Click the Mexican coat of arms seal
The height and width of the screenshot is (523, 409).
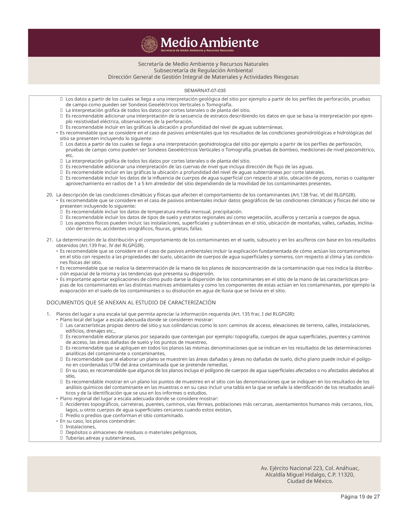click(150, 44)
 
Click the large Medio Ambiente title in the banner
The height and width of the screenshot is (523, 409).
click(209, 42)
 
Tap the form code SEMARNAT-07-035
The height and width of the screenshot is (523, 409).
click(205, 91)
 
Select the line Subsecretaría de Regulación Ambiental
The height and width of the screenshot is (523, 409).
click(203, 70)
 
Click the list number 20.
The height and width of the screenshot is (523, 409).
click(49, 195)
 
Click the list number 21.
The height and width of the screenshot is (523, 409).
click(49, 240)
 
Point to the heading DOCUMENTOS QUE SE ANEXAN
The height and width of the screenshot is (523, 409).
click(131, 303)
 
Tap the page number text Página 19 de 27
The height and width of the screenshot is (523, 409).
click(360, 497)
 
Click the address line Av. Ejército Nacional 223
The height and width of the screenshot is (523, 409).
click(310, 468)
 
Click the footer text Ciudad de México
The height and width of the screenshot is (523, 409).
click(310, 481)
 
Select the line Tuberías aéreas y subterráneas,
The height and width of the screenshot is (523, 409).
click(101, 438)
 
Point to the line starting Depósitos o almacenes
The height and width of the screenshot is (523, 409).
click(131, 433)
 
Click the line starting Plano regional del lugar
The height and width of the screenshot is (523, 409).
click(139, 399)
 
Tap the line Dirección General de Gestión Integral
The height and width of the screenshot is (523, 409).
click(203, 77)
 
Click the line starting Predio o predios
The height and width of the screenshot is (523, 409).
click(125, 416)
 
